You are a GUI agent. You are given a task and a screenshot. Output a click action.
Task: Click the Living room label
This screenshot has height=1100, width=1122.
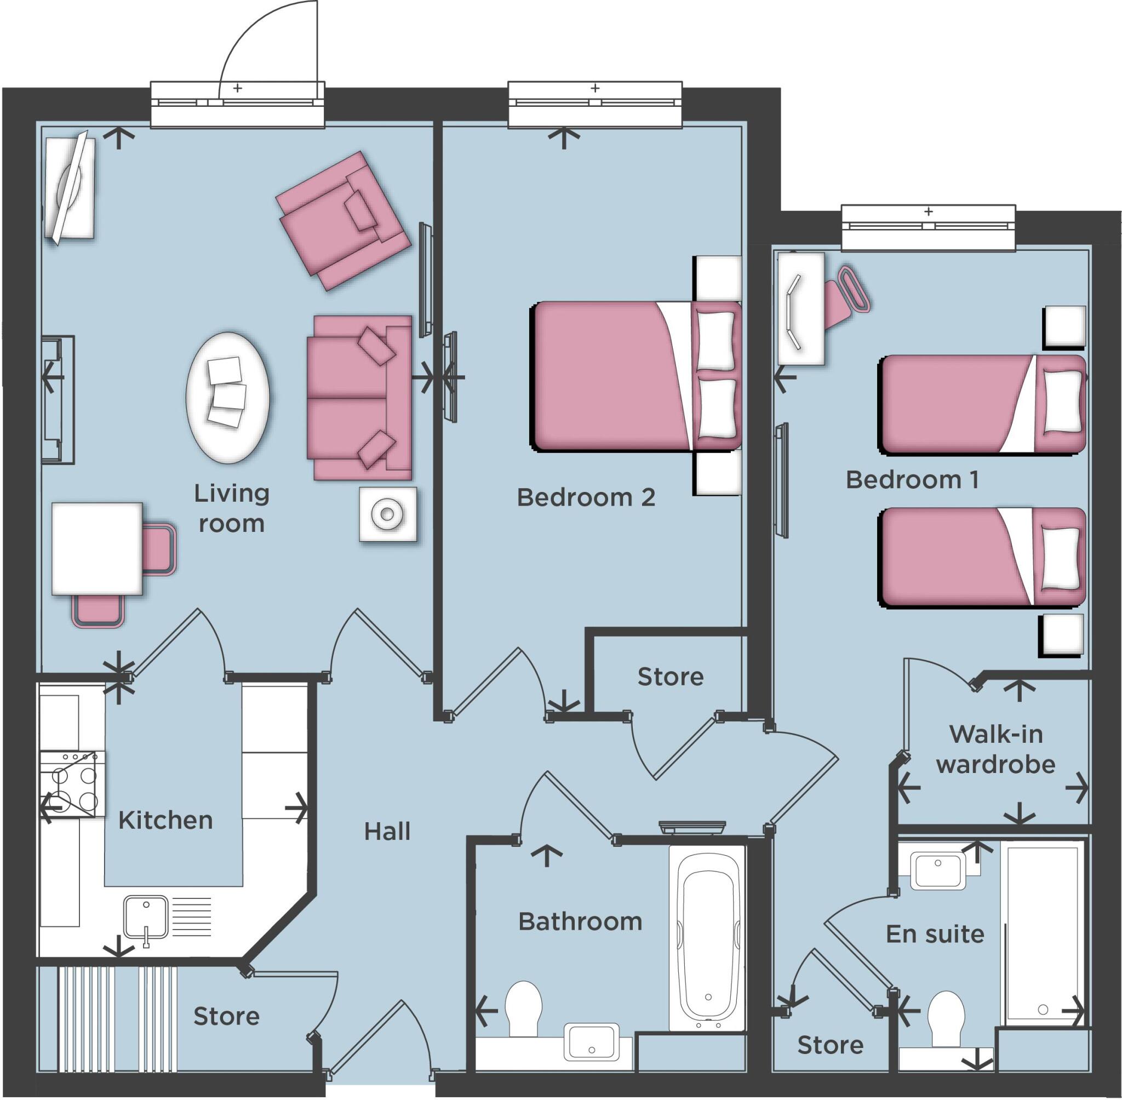pyautogui.click(x=231, y=508)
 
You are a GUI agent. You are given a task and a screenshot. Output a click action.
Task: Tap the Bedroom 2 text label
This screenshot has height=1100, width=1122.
pyautogui.click(x=586, y=497)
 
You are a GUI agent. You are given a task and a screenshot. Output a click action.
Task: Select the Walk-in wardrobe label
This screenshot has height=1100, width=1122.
pyautogui.click(x=995, y=750)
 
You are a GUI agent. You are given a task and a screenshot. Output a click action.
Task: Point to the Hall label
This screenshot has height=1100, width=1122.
pyautogui.click(x=387, y=832)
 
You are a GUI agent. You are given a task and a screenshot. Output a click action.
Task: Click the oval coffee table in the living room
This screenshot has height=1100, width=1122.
pyautogui.click(x=228, y=398)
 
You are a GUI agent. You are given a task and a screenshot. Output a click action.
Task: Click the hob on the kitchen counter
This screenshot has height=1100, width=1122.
pyautogui.click(x=73, y=784)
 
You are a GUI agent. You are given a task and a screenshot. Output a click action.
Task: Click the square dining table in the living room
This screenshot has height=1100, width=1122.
pyautogui.click(x=97, y=548)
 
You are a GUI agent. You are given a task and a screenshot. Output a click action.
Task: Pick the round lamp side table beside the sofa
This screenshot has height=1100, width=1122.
pyautogui.click(x=388, y=514)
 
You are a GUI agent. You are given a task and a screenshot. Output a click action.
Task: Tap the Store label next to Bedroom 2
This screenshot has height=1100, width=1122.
pyautogui.click(x=670, y=677)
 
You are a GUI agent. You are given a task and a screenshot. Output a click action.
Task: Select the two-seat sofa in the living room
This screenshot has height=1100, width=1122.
pyautogui.click(x=358, y=398)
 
